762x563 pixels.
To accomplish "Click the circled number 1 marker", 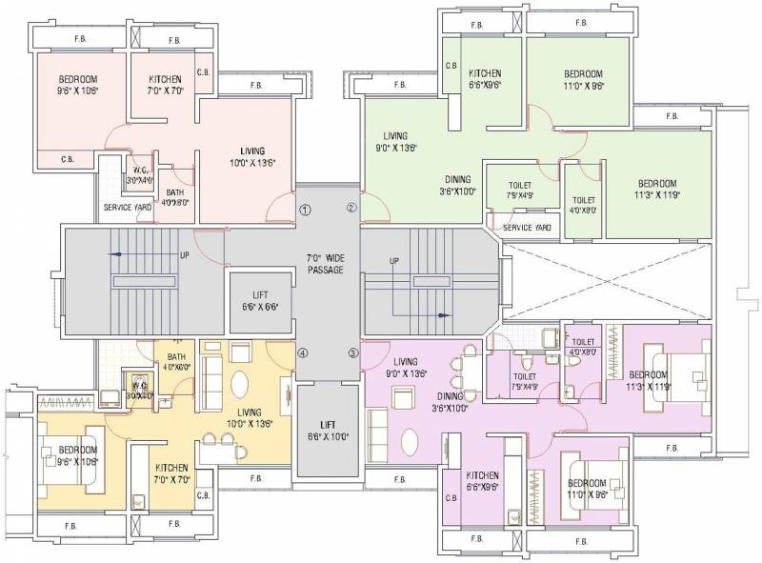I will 305,210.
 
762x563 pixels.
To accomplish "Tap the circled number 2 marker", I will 351,209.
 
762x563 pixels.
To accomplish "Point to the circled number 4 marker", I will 304,353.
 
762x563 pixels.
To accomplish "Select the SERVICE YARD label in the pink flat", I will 125,208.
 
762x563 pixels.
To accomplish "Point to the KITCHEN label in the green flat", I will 484,79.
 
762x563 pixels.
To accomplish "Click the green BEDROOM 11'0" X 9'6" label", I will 582,79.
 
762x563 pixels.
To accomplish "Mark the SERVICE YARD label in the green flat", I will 527,229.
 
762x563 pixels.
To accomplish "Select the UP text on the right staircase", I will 393,261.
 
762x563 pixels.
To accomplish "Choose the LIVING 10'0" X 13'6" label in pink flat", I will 252,156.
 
